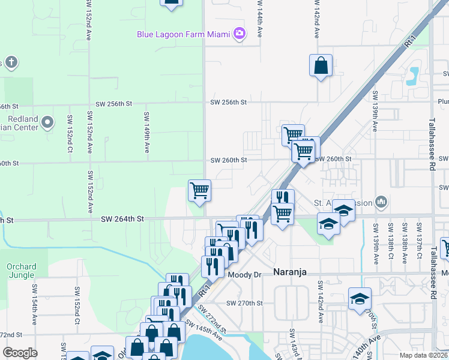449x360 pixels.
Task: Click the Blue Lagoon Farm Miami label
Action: click(x=184, y=34)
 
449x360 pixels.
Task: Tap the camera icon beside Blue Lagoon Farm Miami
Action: click(x=240, y=34)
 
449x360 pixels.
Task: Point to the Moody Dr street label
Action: click(x=246, y=274)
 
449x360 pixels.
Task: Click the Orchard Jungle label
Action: click(x=21, y=271)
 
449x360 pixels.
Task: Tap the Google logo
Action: click(x=20, y=353)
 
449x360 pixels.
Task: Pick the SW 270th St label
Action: click(x=245, y=304)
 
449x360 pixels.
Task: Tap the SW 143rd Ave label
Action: click(x=292, y=343)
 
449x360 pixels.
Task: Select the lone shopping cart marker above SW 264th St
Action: click(x=199, y=191)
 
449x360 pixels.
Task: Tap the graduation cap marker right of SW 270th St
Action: click(x=359, y=299)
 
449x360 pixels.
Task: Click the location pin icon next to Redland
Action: click(x=49, y=123)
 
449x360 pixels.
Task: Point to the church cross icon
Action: click(x=11, y=62)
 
